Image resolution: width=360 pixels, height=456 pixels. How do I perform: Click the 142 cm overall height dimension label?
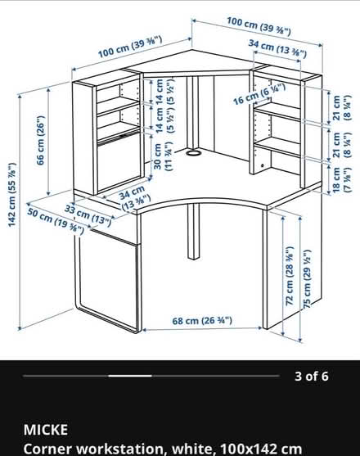[x=12, y=195]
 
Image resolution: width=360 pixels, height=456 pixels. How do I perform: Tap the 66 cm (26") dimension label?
[x=41, y=141]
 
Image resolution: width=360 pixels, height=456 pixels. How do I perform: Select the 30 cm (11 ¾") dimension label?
[x=163, y=156]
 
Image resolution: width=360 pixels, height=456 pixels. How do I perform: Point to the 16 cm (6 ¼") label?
[x=259, y=94]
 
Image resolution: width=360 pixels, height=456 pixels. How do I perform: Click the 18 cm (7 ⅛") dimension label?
[x=342, y=178]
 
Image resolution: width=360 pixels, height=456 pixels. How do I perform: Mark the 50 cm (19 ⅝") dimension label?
[x=56, y=221]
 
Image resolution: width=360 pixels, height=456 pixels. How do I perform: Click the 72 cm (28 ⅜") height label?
[x=290, y=276]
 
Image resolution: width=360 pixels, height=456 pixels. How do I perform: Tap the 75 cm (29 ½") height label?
[x=307, y=278]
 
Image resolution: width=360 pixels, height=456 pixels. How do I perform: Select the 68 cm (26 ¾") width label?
[x=202, y=320]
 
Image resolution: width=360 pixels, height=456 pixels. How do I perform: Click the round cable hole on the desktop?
[x=192, y=153]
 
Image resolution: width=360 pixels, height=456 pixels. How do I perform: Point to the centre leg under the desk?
[x=193, y=231]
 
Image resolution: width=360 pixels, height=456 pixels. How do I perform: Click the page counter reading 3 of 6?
[x=311, y=376]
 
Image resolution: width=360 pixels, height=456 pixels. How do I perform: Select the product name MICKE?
[x=46, y=430]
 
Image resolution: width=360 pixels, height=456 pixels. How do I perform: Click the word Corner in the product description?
[x=48, y=449]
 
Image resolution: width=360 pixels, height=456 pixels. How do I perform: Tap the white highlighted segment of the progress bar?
[x=130, y=376]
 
